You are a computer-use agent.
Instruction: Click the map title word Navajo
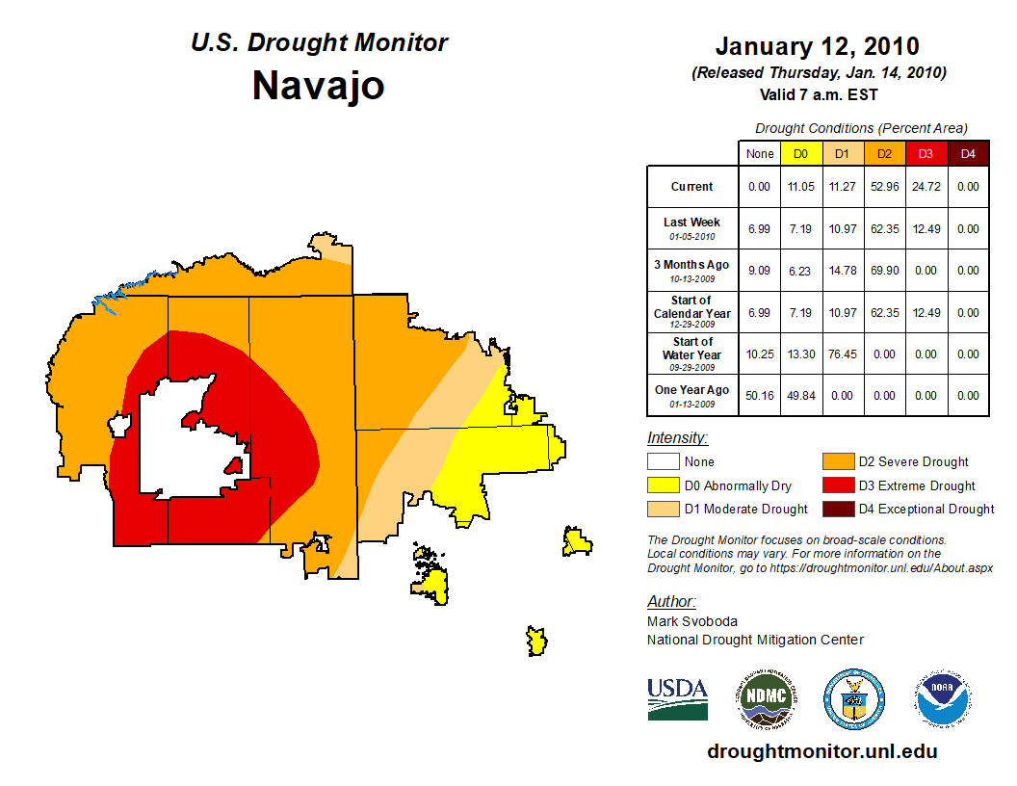[x=318, y=85]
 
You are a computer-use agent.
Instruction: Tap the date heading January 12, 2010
[x=817, y=46]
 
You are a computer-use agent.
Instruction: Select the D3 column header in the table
[x=926, y=154]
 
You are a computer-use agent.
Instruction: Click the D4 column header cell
[x=968, y=154]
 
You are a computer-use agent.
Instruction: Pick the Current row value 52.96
[x=884, y=187]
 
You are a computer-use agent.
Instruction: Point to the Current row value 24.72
[x=926, y=187]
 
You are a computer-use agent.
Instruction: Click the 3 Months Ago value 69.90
[x=884, y=271]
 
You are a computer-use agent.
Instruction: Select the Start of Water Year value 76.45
[x=843, y=354]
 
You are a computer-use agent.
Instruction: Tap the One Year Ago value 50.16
[x=760, y=396]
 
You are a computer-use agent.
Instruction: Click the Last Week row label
[x=691, y=223]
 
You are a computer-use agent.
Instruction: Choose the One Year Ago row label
[x=691, y=390]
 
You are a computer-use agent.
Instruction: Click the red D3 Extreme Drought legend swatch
[x=836, y=485]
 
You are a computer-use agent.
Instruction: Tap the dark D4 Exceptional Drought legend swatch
[x=836, y=509]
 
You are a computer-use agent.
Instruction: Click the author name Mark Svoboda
[x=692, y=621]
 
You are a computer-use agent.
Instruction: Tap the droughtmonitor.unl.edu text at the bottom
[x=821, y=751]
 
